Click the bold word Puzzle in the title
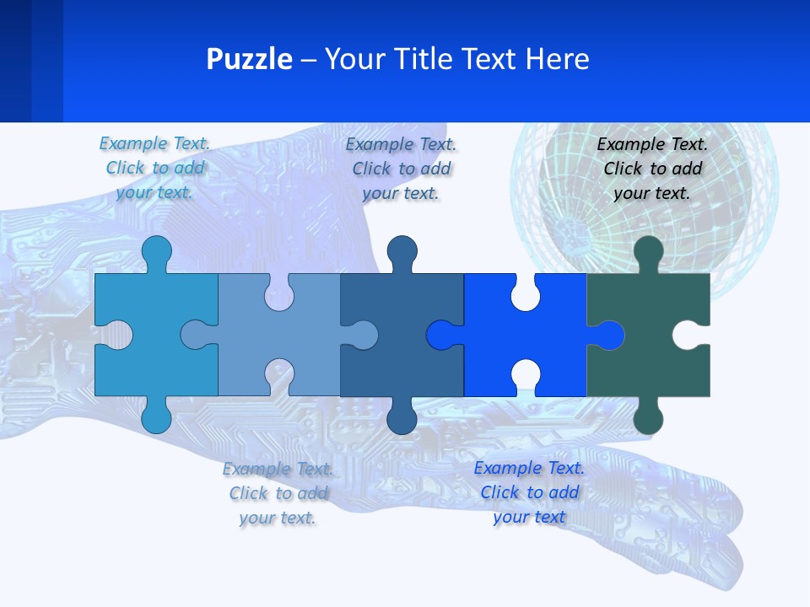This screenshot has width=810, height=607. tap(249, 59)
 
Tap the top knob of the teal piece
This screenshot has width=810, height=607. tap(648, 252)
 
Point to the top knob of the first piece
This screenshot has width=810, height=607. tap(156, 252)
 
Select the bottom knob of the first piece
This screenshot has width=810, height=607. tap(156, 417)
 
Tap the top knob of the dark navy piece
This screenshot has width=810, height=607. tap(402, 252)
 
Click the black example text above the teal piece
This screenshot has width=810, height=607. tap(652, 169)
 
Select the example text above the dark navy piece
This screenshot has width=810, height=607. tap(401, 169)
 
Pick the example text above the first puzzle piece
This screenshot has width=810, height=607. tap(154, 169)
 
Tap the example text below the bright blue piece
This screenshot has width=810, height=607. tap(529, 492)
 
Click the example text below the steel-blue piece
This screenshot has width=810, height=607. tap(278, 493)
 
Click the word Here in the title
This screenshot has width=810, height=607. tap(557, 59)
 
